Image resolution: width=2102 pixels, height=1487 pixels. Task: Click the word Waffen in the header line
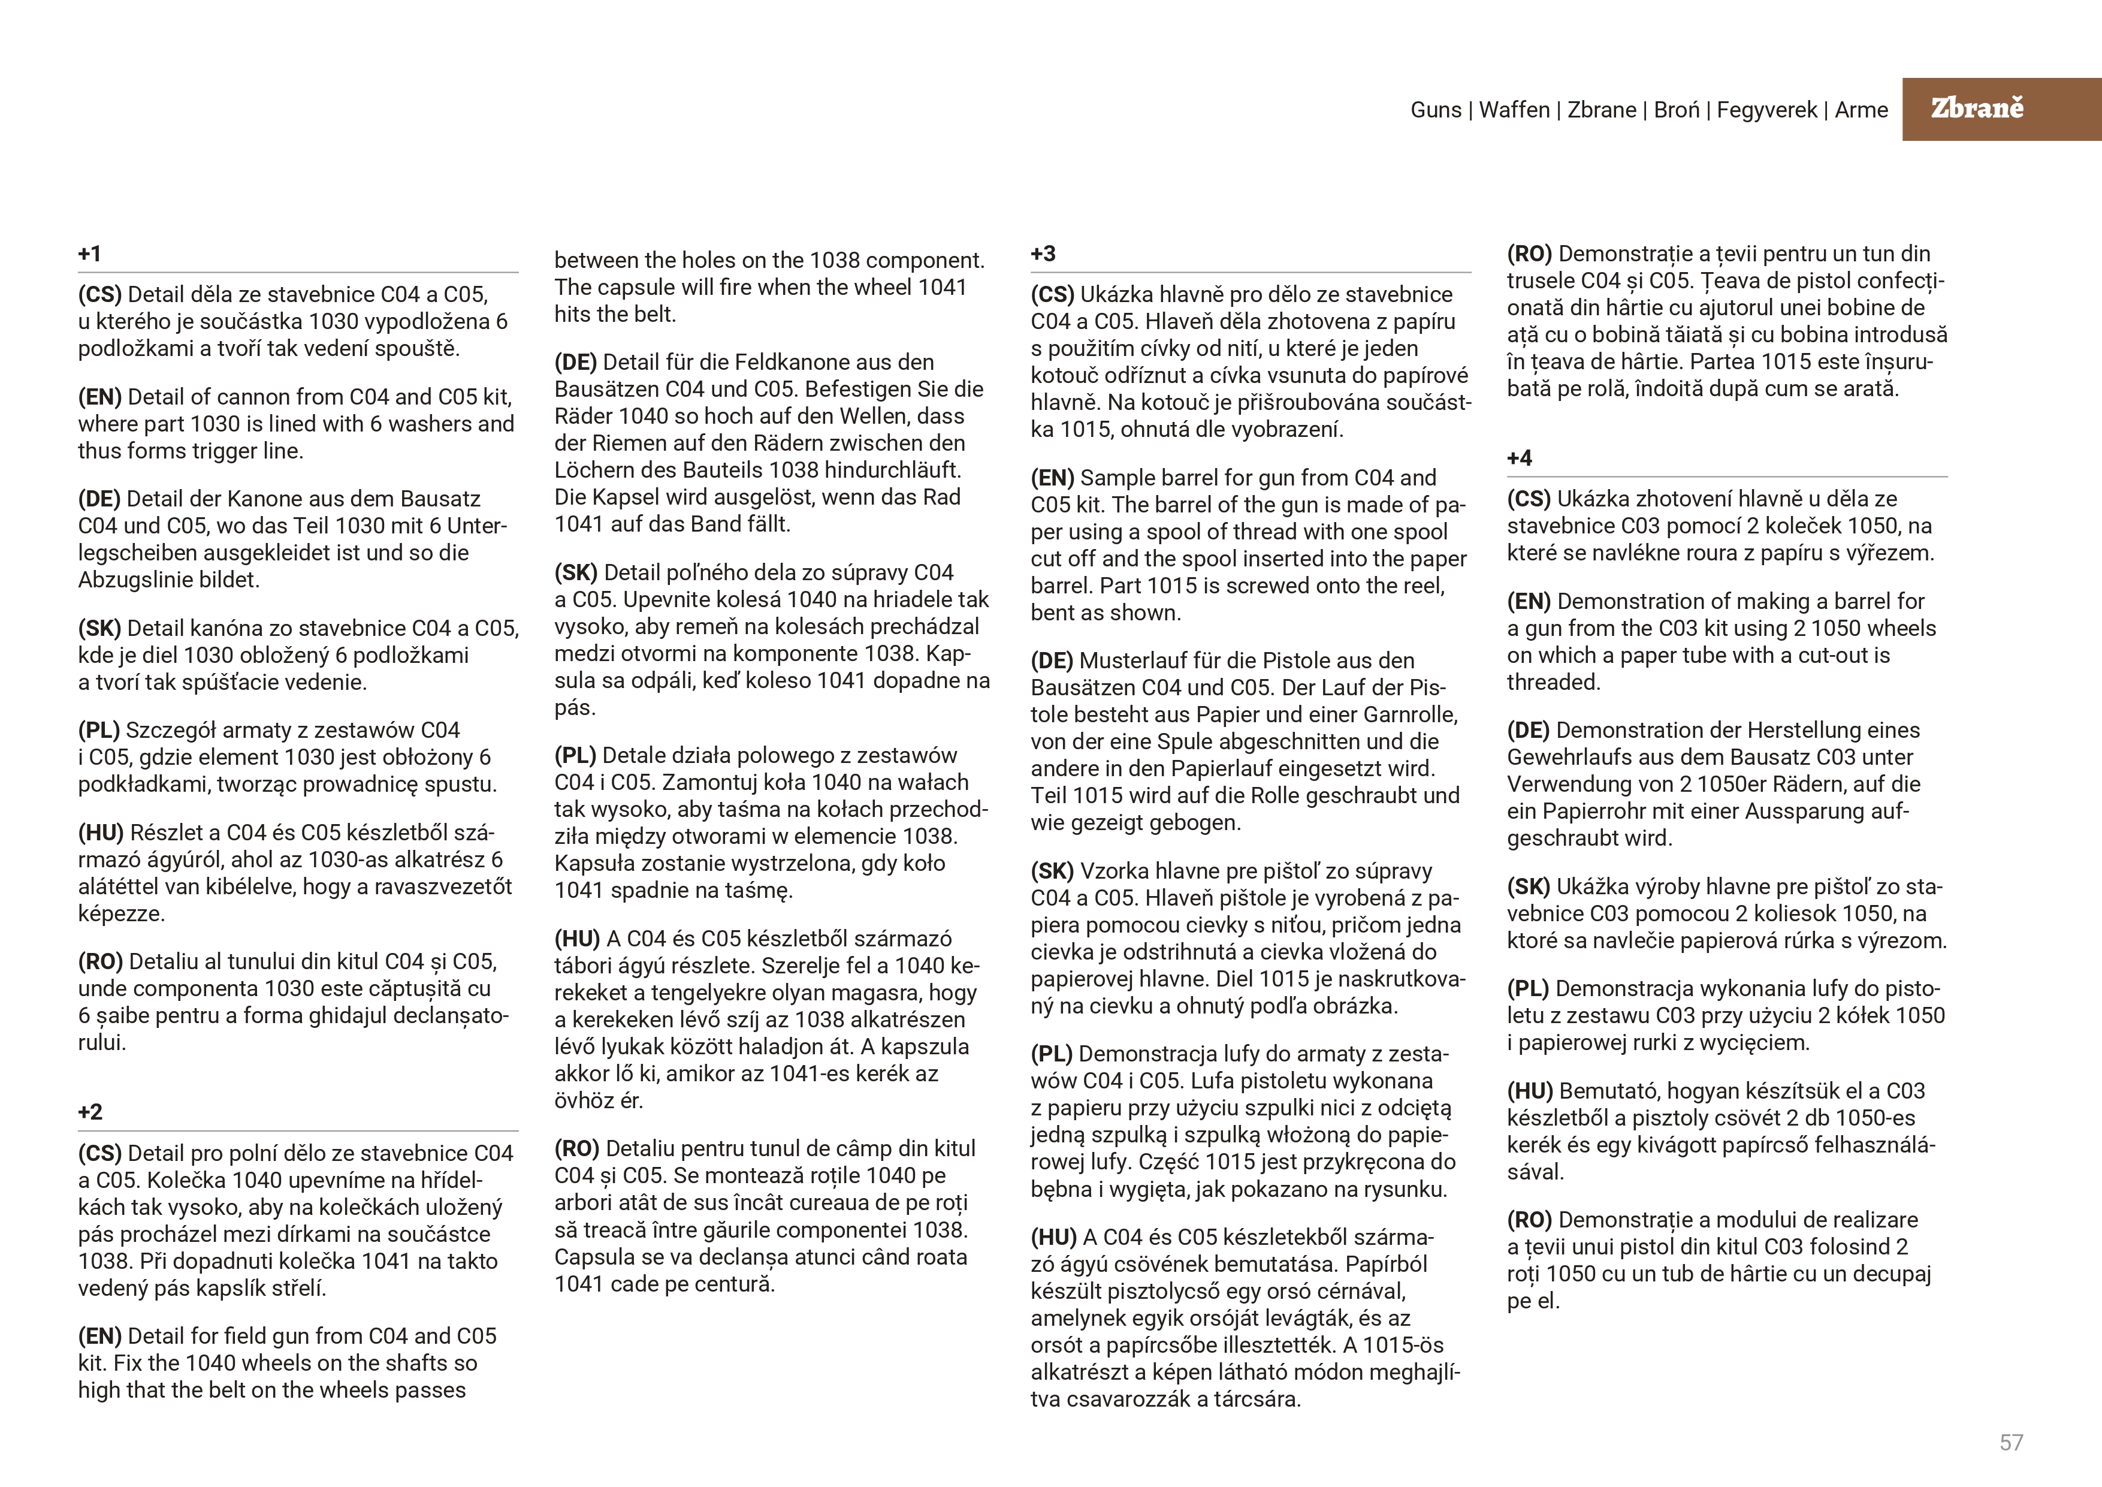tap(1514, 110)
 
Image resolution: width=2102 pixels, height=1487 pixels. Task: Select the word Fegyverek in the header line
tap(1767, 110)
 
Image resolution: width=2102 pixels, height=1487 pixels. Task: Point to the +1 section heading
tap(90, 254)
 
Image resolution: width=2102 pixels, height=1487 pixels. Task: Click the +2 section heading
tap(90, 1112)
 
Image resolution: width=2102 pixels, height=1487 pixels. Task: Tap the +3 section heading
tap(1043, 254)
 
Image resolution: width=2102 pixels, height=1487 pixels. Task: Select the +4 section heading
tap(1520, 458)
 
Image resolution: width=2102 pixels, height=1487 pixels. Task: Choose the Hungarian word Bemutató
tap(1609, 1091)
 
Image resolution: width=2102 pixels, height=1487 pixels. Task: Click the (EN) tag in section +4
tap(1528, 602)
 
